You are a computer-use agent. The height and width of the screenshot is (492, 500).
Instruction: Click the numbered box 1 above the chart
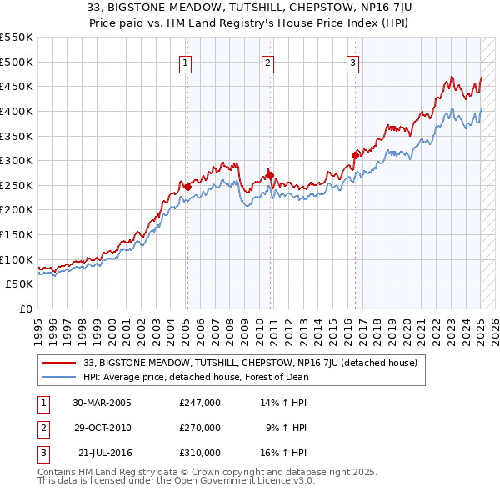tap(184, 62)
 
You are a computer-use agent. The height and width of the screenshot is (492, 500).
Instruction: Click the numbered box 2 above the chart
tap(267, 62)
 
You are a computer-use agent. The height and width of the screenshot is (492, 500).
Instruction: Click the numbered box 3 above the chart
tap(352, 62)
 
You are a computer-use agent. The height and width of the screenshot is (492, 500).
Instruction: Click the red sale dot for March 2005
tap(187, 187)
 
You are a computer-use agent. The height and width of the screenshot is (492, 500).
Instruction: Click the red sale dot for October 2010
tap(270, 175)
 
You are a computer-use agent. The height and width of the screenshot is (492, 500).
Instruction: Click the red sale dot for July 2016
tap(355, 155)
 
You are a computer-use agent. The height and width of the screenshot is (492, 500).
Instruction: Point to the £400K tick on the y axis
tap(17, 111)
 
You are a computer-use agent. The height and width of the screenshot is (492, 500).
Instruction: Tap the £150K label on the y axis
tap(17, 234)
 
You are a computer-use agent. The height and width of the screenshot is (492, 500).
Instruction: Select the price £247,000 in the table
tap(200, 402)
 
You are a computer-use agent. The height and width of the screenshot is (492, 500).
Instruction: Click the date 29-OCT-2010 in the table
tap(102, 428)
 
